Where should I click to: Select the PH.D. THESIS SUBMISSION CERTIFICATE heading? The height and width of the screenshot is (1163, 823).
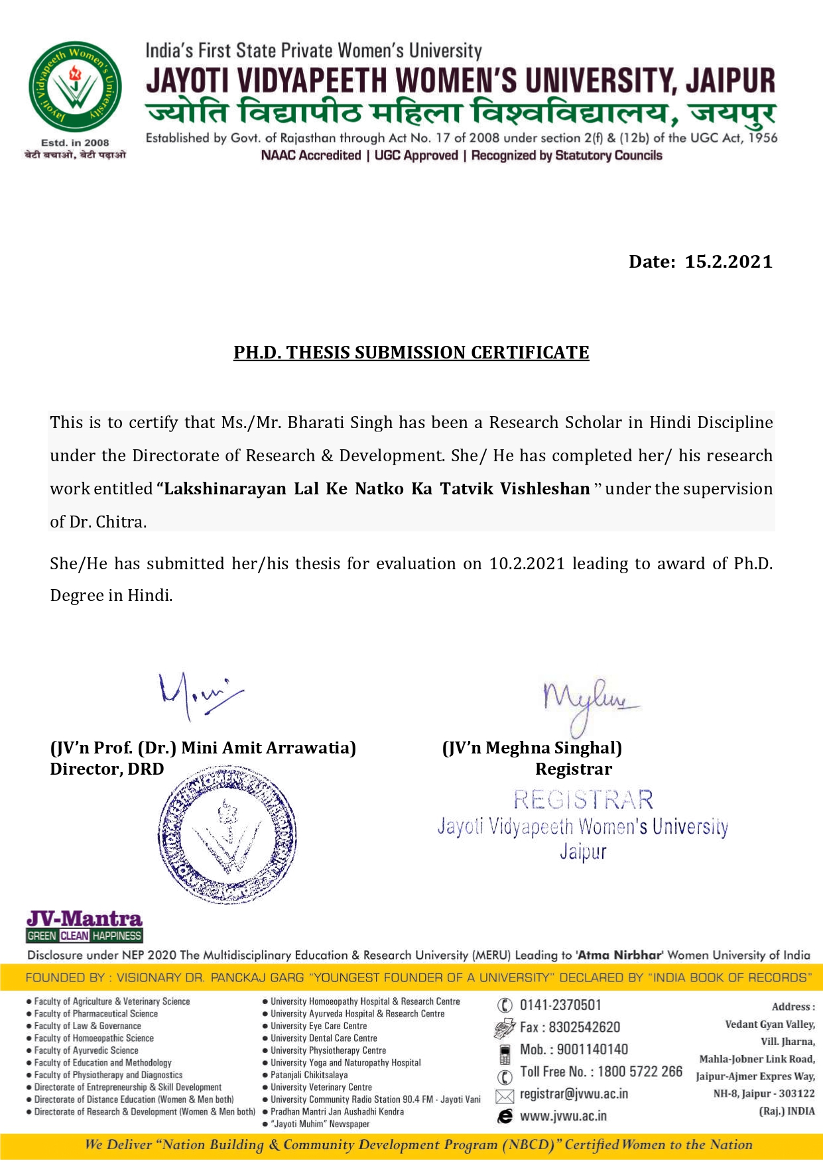click(411, 353)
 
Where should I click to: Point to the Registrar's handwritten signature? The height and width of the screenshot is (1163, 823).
click(588, 702)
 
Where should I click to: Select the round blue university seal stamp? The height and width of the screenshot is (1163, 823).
click(227, 836)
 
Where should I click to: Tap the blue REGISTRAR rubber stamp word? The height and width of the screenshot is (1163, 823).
click(583, 800)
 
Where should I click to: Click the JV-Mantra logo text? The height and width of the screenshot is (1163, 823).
click(84, 919)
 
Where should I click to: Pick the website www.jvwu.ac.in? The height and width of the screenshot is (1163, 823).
click(563, 1116)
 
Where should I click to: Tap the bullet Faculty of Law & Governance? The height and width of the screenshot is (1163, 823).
click(88, 1026)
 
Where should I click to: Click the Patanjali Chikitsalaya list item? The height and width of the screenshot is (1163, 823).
click(308, 1075)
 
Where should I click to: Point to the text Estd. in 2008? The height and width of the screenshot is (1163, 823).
click(75, 142)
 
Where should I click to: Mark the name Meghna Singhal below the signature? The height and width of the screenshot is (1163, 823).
click(553, 748)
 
